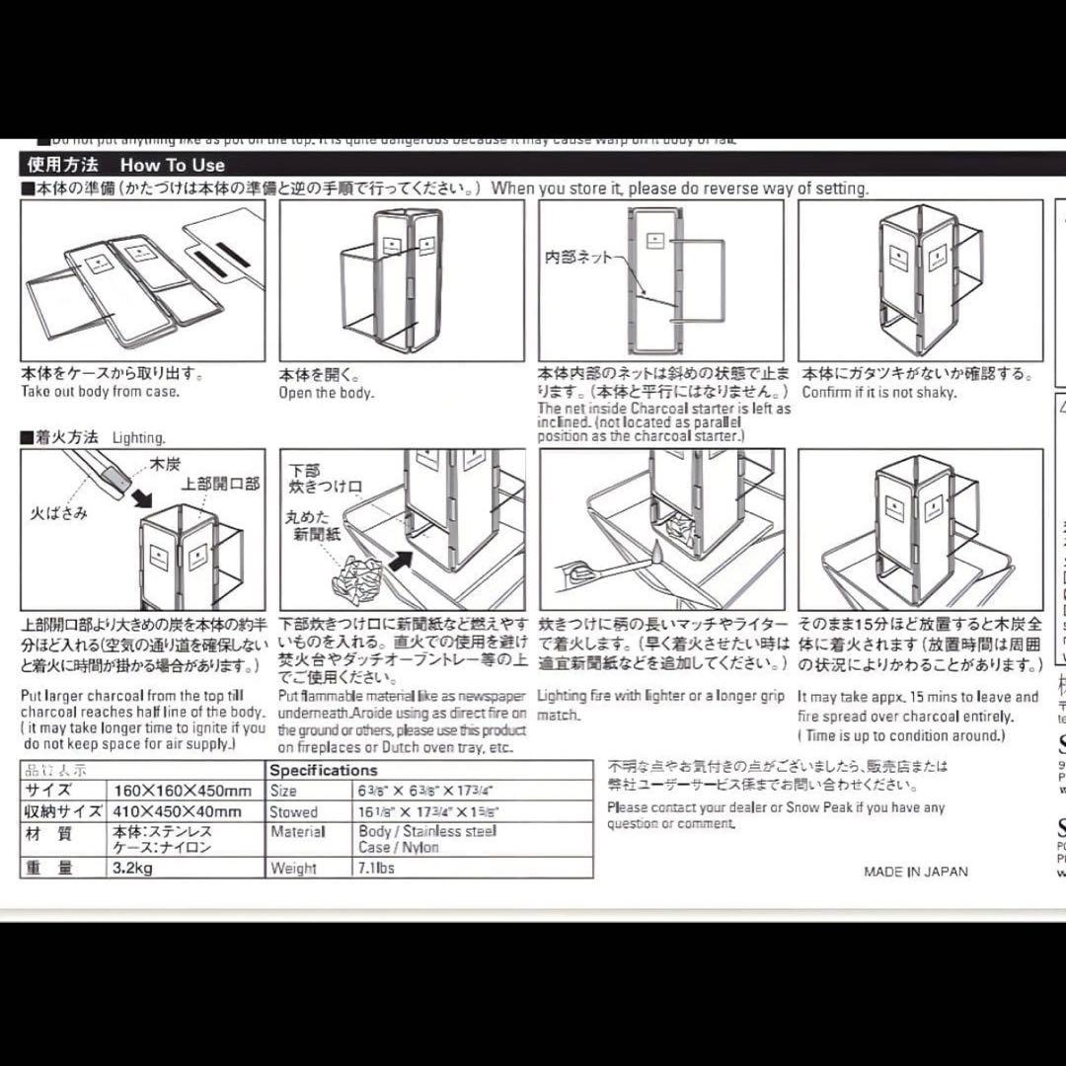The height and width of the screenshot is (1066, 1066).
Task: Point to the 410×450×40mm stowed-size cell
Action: pos(175,811)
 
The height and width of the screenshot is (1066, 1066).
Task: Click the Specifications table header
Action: pos(324,770)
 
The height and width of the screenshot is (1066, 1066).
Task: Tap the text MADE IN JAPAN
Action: pos(915,872)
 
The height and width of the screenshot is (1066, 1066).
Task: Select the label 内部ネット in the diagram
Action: pos(578,258)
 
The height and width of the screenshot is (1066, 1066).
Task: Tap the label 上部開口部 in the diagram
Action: pos(220,484)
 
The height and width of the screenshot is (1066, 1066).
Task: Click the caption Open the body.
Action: pos(327,393)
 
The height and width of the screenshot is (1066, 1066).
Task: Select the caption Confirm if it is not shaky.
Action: pos(878,393)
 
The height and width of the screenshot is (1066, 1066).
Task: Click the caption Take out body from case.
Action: pos(100,392)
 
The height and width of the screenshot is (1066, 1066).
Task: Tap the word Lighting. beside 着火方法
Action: pos(139,437)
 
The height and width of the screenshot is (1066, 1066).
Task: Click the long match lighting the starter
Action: pos(612,565)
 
